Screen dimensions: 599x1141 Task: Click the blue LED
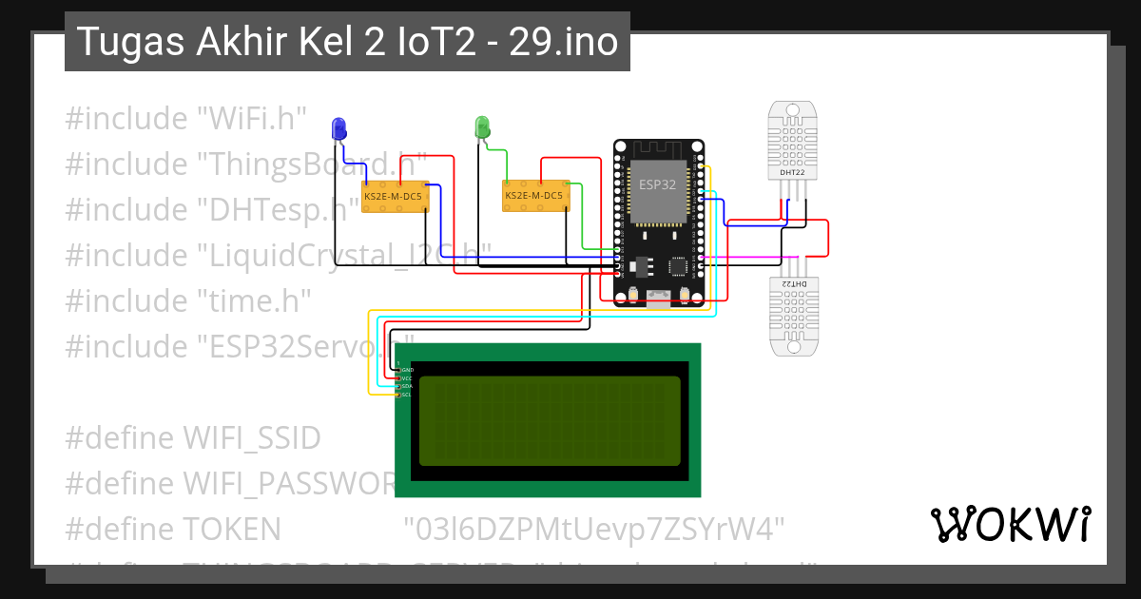click(x=338, y=127)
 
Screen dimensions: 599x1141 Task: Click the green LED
click(x=482, y=126)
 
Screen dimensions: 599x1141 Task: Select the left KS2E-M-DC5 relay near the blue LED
click(x=395, y=197)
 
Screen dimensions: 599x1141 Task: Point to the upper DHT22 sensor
click(x=792, y=143)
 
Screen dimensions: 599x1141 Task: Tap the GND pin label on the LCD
click(x=407, y=369)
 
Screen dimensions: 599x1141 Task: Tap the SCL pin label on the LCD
click(x=407, y=395)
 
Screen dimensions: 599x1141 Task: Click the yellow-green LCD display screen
click(x=550, y=420)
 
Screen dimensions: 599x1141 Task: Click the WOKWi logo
click(x=1010, y=524)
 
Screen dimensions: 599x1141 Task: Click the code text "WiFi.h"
click(x=251, y=119)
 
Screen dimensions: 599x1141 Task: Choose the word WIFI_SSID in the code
click(x=252, y=438)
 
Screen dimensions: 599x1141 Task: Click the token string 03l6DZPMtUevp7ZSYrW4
click(x=593, y=528)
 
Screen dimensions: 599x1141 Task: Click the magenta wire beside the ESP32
click(x=751, y=257)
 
